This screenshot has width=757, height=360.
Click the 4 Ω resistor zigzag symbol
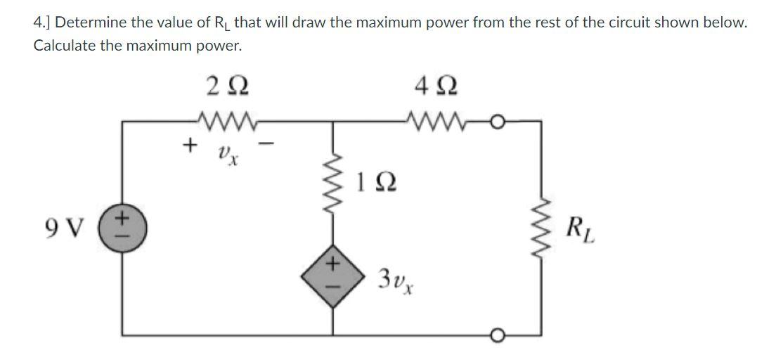tap(431, 120)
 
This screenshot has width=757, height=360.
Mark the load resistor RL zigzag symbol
tap(541, 229)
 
